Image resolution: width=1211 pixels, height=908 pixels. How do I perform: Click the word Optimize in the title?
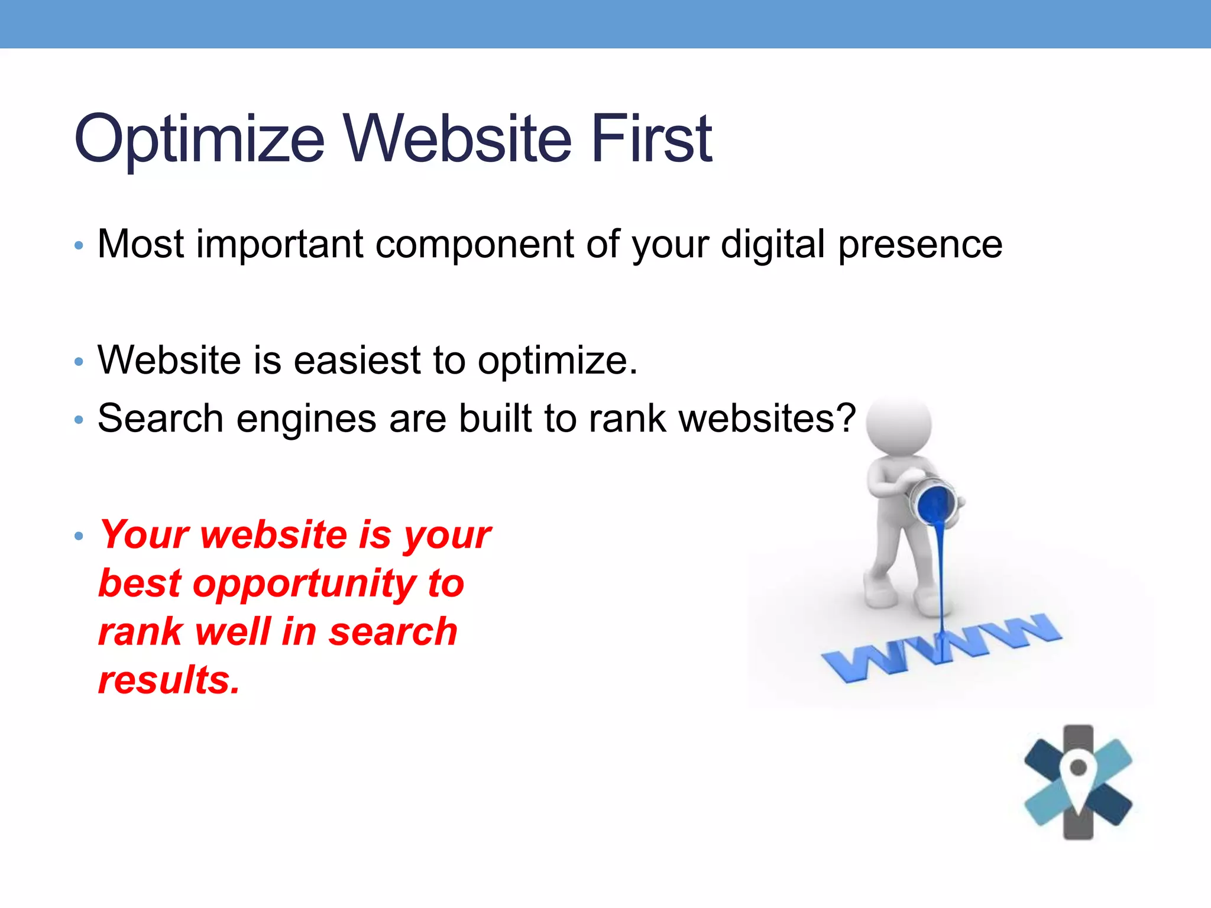(x=199, y=140)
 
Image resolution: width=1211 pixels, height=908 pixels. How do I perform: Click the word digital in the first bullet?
(x=772, y=244)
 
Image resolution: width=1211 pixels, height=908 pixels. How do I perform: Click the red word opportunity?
(x=305, y=584)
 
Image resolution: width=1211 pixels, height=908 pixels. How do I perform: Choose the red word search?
(x=393, y=631)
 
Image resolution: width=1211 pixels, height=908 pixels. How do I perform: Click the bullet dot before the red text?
(x=79, y=536)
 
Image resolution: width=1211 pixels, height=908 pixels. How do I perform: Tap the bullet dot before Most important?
(x=79, y=245)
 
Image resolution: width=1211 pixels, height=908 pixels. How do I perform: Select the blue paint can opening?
(x=936, y=502)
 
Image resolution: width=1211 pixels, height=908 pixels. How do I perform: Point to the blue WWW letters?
(x=940, y=647)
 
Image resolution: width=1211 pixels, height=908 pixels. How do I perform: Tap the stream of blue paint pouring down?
(x=941, y=573)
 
